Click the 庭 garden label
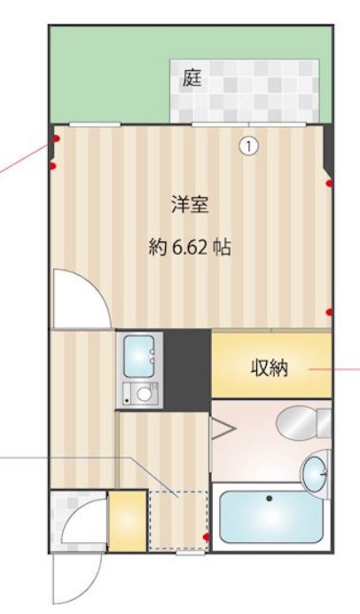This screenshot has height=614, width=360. [192, 78]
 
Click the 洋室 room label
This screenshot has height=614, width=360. [189, 205]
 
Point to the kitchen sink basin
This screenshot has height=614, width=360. [139, 357]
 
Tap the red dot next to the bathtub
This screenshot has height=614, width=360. [207, 537]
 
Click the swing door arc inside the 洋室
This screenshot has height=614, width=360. [76, 297]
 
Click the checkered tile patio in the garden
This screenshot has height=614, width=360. [244, 91]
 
